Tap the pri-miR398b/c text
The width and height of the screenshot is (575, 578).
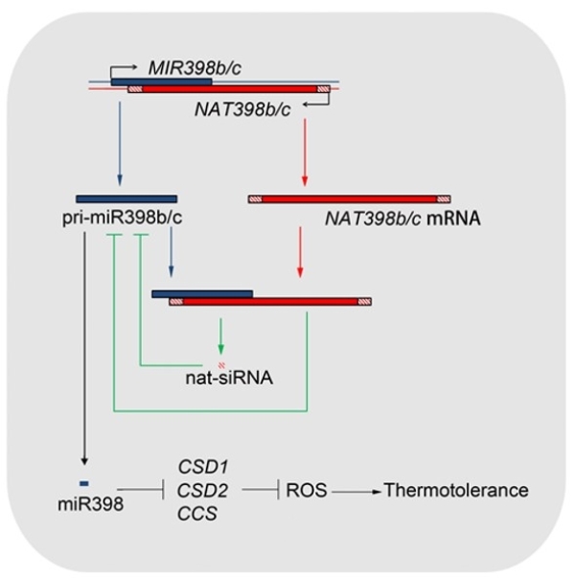click(x=121, y=219)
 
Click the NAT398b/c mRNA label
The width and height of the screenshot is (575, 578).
click(x=402, y=219)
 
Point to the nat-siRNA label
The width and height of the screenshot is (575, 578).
click(x=229, y=378)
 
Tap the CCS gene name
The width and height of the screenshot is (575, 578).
click(x=197, y=514)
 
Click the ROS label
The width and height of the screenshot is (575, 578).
click(x=308, y=491)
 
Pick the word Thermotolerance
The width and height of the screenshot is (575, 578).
click(x=455, y=491)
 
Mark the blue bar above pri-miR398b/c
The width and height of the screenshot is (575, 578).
click(x=126, y=198)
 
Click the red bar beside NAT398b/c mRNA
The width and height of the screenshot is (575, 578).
click(x=349, y=198)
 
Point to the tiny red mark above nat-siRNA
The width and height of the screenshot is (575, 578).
click(x=222, y=363)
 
